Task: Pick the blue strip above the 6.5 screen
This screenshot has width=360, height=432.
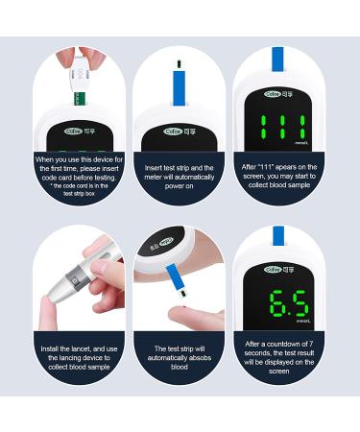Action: [x=277, y=237]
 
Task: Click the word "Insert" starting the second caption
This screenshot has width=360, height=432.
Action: [x=156, y=166]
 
